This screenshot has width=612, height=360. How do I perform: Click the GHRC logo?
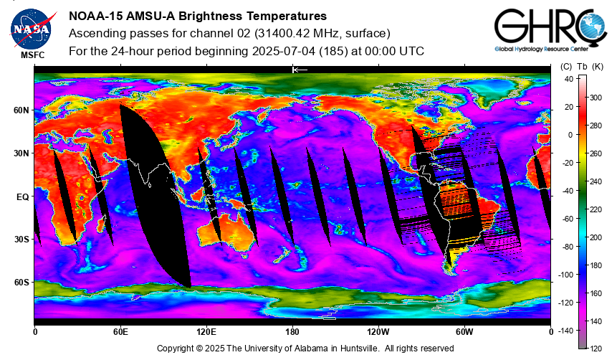point(550,29)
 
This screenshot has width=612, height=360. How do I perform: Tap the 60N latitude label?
point(21,110)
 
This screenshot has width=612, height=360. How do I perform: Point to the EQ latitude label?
point(23,196)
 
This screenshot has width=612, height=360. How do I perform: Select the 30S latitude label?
point(21,240)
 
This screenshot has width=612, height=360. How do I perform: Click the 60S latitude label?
point(21,282)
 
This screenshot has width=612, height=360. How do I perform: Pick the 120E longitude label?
point(206,332)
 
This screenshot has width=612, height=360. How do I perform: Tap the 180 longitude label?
point(292,332)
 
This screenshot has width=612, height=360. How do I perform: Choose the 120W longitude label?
point(378,332)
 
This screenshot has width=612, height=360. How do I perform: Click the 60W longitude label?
point(464,332)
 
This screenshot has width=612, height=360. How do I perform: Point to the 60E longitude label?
point(120,332)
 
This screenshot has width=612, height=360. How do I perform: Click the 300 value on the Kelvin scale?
point(596,98)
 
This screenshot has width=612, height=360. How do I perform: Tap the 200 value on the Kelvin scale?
point(596,237)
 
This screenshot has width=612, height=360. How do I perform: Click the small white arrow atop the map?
point(300,70)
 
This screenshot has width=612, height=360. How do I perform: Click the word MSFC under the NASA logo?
point(33,55)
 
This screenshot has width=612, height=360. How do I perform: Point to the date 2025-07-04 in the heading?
point(284,51)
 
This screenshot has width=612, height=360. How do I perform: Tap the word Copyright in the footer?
point(175,348)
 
